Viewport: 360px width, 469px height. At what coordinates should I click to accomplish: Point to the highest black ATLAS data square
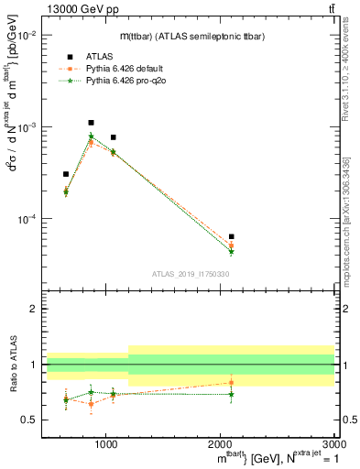(x=91, y=123)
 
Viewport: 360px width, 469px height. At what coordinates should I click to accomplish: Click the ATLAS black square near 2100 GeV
(x=231, y=236)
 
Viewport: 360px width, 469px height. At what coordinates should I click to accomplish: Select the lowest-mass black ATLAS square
(x=66, y=174)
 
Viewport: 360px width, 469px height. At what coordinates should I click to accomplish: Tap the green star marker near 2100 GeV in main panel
(x=231, y=251)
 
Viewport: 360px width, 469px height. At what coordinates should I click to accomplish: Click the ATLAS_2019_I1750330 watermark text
(x=190, y=274)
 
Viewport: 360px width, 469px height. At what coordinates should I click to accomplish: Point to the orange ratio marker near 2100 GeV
(x=231, y=382)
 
